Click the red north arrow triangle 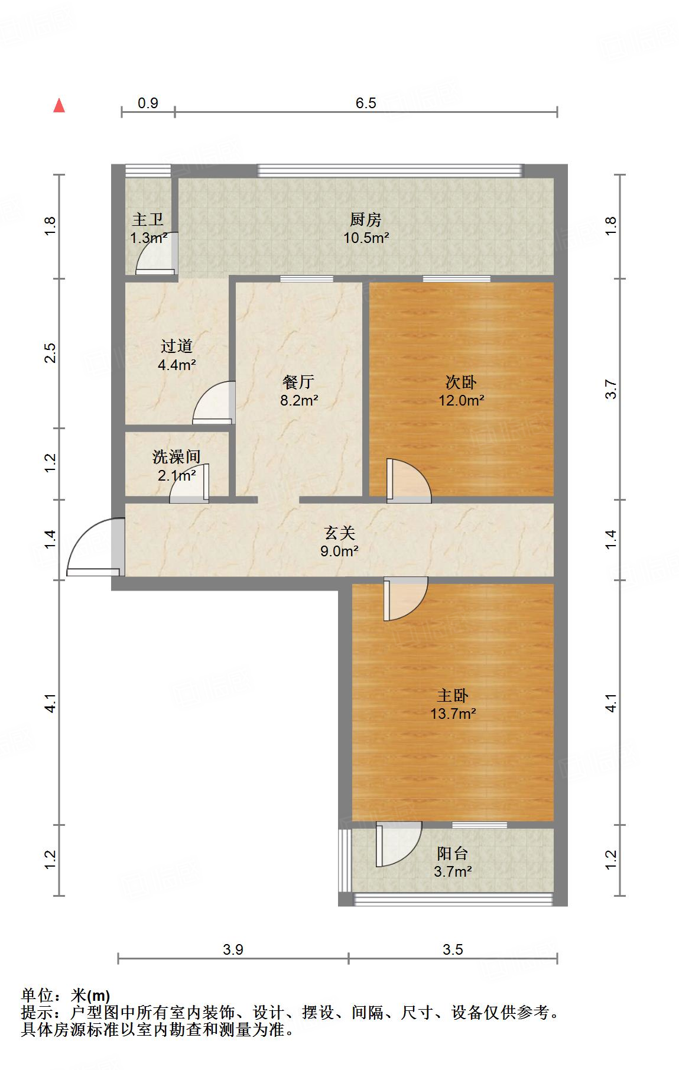pyautogui.click(x=59, y=106)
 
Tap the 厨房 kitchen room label pyautogui.click(x=365, y=220)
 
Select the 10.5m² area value pyautogui.click(x=366, y=238)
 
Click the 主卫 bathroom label pyautogui.click(x=148, y=220)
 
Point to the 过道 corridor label pyautogui.click(x=177, y=346)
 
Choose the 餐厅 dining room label pyautogui.click(x=298, y=382)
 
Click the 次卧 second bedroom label pyautogui.click(x=461, y=382)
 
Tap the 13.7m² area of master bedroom pyautogui.click(x=453, y=714)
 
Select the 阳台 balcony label pyautogui.click(x=453, y=853)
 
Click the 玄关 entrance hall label pyautogui.click(x=339, y=533)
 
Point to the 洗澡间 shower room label pyautogui.click(x=177, y=456)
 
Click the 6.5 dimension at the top pyautogui.click(x=366, y=103)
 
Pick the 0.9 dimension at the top pyautogui.click(x=148, y=103)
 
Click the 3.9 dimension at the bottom pyautogui.click(x=233, y=950)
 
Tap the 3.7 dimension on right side pyautogui.click(x=611, y=389)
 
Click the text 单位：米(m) pyautogui.click(x=66, y=996)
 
